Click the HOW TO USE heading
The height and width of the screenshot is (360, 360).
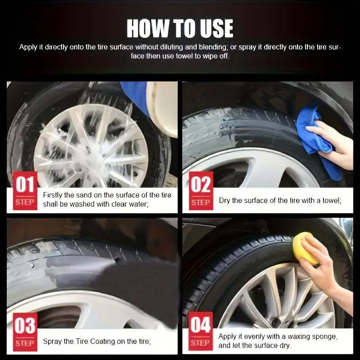coord(180,28)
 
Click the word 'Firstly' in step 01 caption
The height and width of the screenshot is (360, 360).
coord(54,195)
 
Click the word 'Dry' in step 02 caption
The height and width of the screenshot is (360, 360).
coord(225,200)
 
